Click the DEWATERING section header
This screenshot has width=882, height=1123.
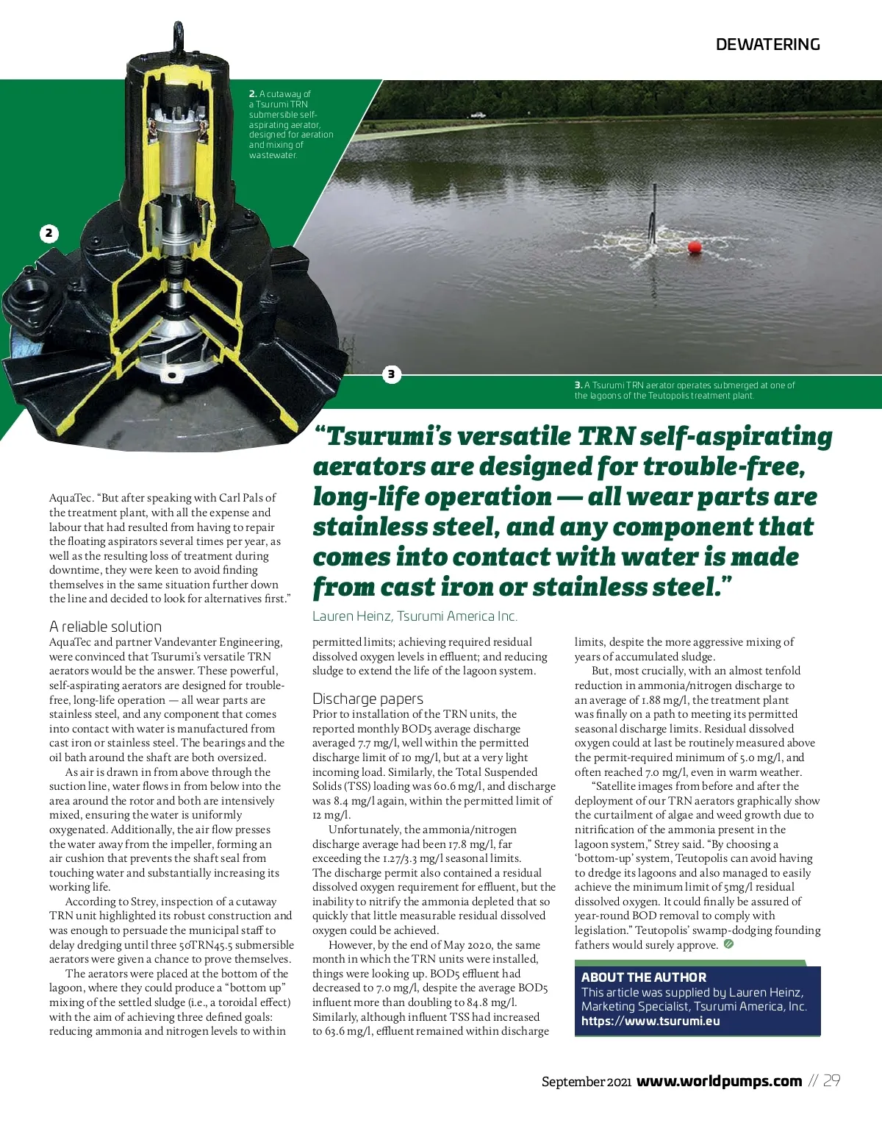(x=767, y=44)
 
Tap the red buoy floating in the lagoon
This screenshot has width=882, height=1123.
(x=695, y=247)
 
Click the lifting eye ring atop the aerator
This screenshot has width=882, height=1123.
(x=178, y=32)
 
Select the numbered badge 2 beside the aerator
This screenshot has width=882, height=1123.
(x=49, y=234)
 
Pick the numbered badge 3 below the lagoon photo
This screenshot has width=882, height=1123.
(x=391, y=374)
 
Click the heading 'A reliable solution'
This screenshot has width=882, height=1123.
(x=105, y=627)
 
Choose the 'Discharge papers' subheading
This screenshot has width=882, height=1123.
(x=367, y=699)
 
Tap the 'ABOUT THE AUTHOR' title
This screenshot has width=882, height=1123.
(x=643, y=977)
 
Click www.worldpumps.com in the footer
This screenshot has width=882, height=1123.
(x=719, y=1081)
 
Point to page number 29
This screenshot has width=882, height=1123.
(x=831, y=1081)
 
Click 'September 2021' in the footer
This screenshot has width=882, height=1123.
(x=586, y=1082)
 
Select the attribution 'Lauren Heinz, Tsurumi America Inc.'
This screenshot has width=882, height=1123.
(x=415, y=616)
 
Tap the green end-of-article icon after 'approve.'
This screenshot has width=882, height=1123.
(x=728, y=944)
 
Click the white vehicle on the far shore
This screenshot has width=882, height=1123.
(x=478, y=115)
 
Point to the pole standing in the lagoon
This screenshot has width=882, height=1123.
(x=652, y=218)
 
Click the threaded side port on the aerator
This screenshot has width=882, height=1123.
(x=29, y=301)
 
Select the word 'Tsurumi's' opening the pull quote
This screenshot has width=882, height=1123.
(x=381, y=437)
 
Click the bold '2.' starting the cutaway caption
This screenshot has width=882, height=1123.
(x=253, y=94)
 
